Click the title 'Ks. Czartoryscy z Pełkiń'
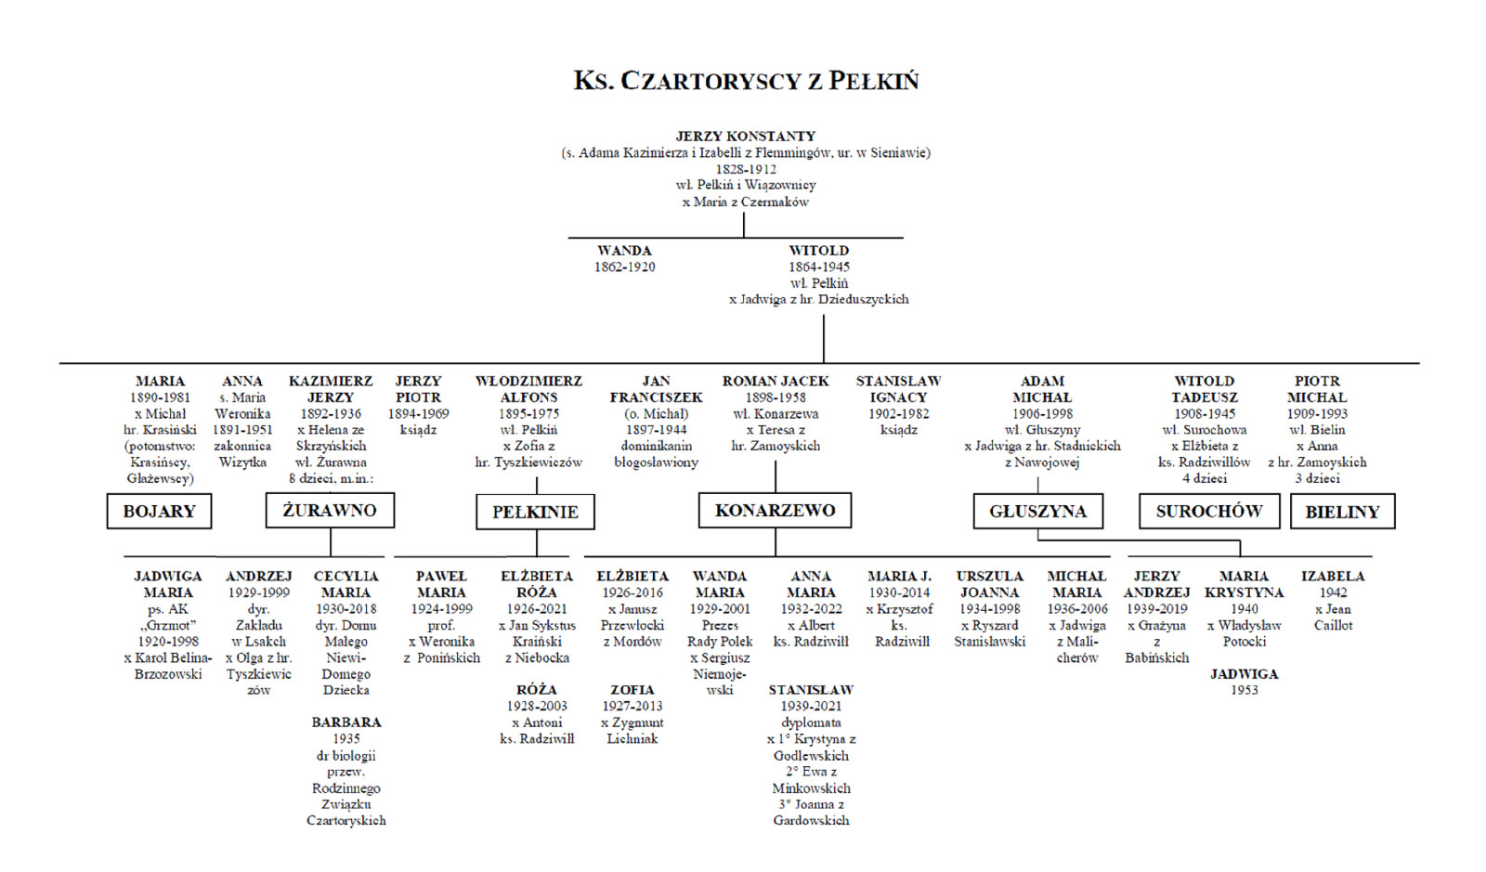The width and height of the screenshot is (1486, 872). (746, 81)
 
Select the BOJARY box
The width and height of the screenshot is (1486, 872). (159, 512)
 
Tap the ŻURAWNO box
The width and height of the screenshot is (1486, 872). (330, 510)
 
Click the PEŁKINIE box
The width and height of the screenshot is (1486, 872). (535, 512)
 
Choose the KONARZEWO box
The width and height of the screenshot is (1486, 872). (775, 510)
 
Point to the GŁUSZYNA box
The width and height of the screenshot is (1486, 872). (1037, 512)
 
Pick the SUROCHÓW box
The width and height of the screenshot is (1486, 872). (1208, 511)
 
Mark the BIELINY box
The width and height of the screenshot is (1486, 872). (1342, 512)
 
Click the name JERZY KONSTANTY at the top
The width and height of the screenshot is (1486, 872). (745, 136)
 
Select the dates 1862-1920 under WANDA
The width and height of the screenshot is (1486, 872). (625, 267)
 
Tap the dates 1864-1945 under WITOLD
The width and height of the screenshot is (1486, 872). (818, 267)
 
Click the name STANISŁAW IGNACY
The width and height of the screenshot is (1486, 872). (898, 389)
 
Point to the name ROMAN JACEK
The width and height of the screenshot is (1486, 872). (776, 381)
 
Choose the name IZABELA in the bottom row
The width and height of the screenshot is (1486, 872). (1332, 576)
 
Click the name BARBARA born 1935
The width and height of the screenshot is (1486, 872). (345, 722)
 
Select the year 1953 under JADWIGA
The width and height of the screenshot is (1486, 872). (1244, 690)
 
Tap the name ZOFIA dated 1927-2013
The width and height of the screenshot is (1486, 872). (632, 689)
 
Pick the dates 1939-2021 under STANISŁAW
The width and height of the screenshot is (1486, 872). (811, 706)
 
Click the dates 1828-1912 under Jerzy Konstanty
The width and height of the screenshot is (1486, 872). (745, 169)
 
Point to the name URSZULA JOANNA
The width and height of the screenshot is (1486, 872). (989, 584)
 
